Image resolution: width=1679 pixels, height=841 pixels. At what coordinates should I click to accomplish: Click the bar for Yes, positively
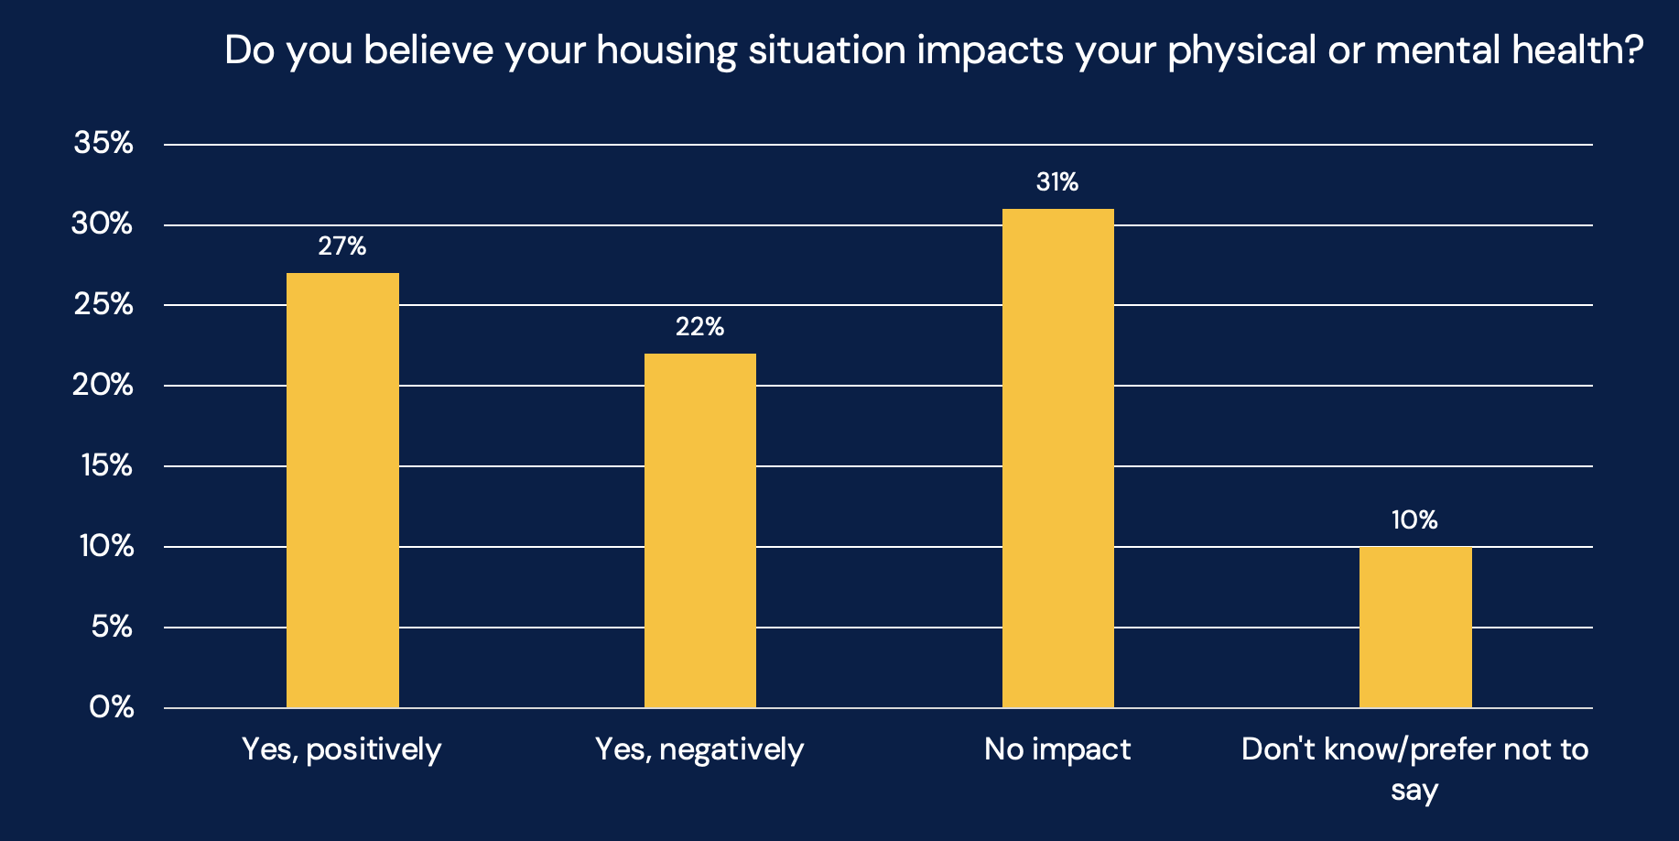[342, 490]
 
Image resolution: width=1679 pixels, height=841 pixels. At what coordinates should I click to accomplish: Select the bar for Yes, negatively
[700, 530]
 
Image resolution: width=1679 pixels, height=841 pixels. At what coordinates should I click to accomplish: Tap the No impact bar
[1058, 458]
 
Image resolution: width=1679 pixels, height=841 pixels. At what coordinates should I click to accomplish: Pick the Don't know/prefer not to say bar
[1415, 628]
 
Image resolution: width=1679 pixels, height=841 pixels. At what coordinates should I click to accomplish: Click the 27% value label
[342, 246]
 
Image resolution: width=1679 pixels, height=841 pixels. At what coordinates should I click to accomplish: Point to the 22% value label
[700, 327]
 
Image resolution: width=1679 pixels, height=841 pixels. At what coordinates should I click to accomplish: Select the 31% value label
[1057, 182]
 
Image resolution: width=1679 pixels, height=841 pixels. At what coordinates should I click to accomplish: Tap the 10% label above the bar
[1414, 520]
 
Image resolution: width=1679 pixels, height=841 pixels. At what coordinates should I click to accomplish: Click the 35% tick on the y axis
[103, 144]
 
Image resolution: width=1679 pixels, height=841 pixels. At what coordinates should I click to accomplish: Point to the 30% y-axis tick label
[103, 224]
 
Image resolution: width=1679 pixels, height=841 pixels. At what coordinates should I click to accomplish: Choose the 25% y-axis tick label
[103, 305]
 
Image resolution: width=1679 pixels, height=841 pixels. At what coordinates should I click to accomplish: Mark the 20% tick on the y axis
[103, 385]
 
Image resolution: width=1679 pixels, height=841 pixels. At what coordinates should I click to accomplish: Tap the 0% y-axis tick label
[112, 707]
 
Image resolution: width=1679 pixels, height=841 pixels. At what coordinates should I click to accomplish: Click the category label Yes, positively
[341, 750]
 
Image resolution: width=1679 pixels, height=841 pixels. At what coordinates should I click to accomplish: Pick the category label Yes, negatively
[699, 750]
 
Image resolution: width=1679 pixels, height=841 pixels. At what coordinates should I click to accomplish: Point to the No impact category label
[1057, 749]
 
